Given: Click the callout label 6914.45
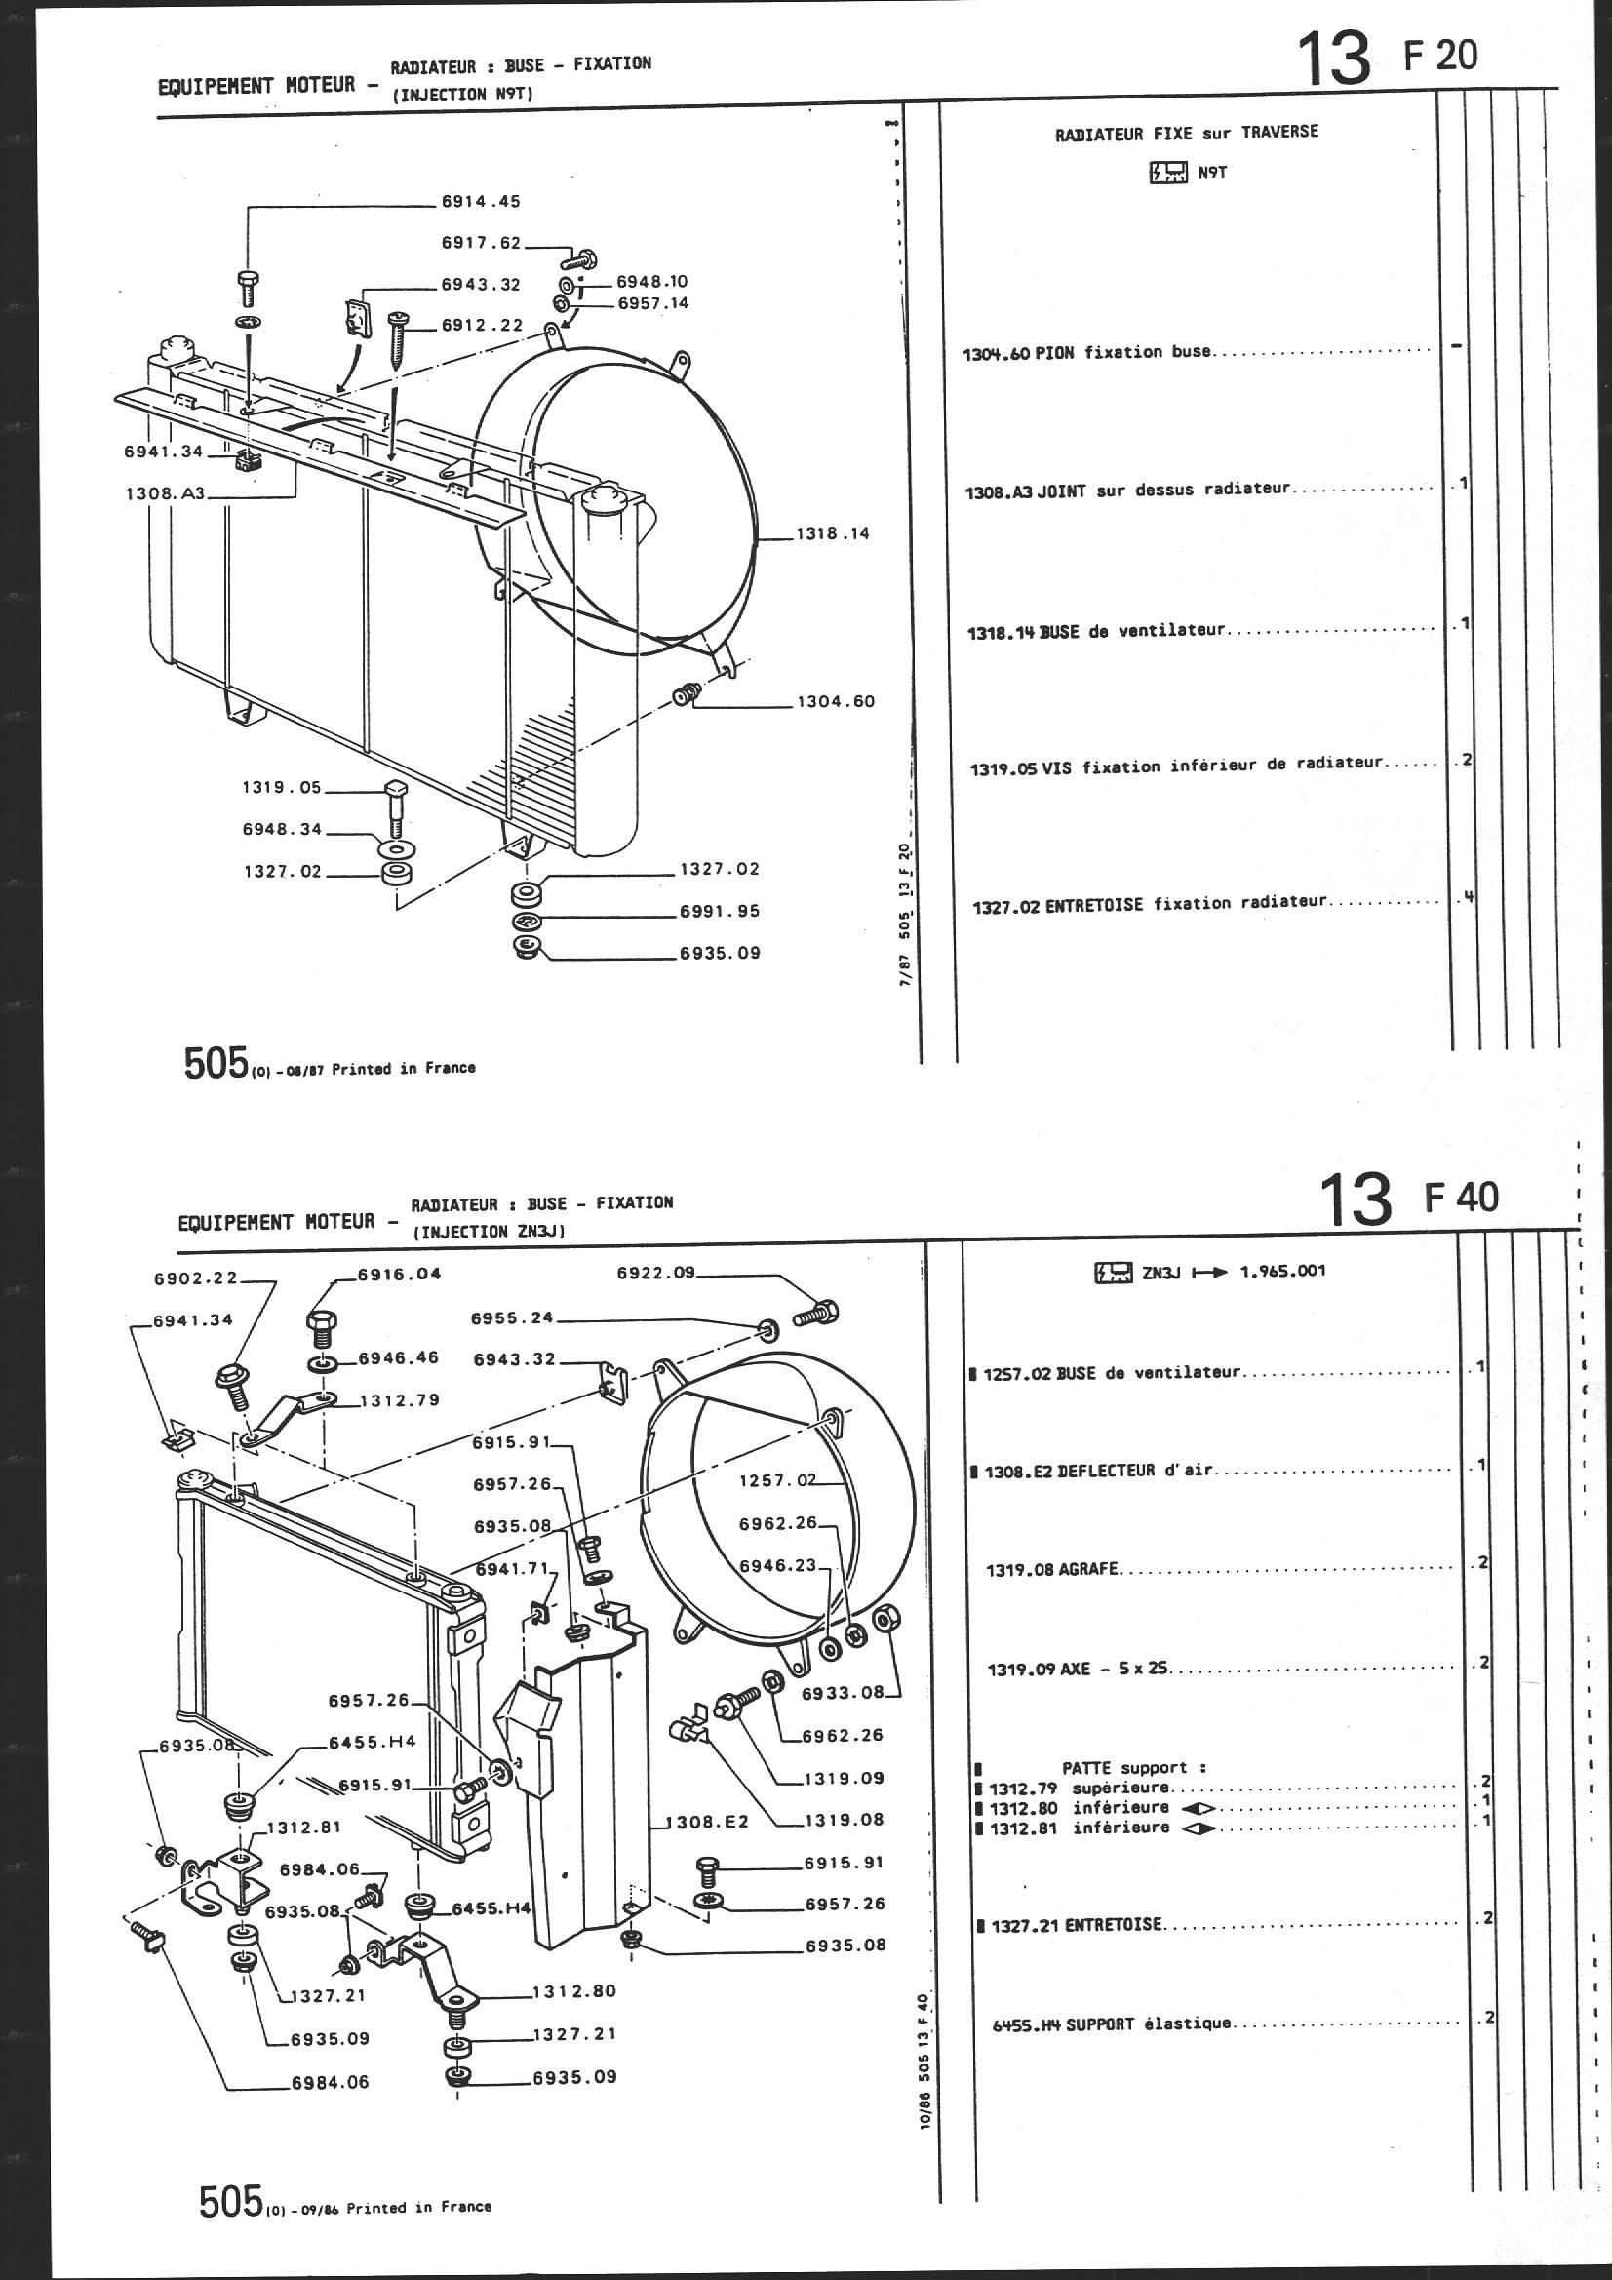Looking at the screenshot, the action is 481,202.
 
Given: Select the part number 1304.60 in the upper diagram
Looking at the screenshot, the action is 836,701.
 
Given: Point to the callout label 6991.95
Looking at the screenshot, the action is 719,911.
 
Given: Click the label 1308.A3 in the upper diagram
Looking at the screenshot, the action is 164,492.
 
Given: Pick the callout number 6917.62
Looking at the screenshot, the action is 481,242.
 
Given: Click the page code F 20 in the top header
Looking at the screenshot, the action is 1440,56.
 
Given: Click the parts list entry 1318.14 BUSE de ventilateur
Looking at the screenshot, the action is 1096,631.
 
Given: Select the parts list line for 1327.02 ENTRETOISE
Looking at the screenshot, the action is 1148,904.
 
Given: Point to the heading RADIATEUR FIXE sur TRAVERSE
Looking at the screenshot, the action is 1187,132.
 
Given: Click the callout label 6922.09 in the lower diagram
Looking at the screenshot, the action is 656,1272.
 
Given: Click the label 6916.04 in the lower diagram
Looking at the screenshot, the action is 399,1273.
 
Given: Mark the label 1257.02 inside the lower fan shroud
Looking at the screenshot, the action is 776,1480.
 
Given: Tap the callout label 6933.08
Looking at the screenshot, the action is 843,1692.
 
